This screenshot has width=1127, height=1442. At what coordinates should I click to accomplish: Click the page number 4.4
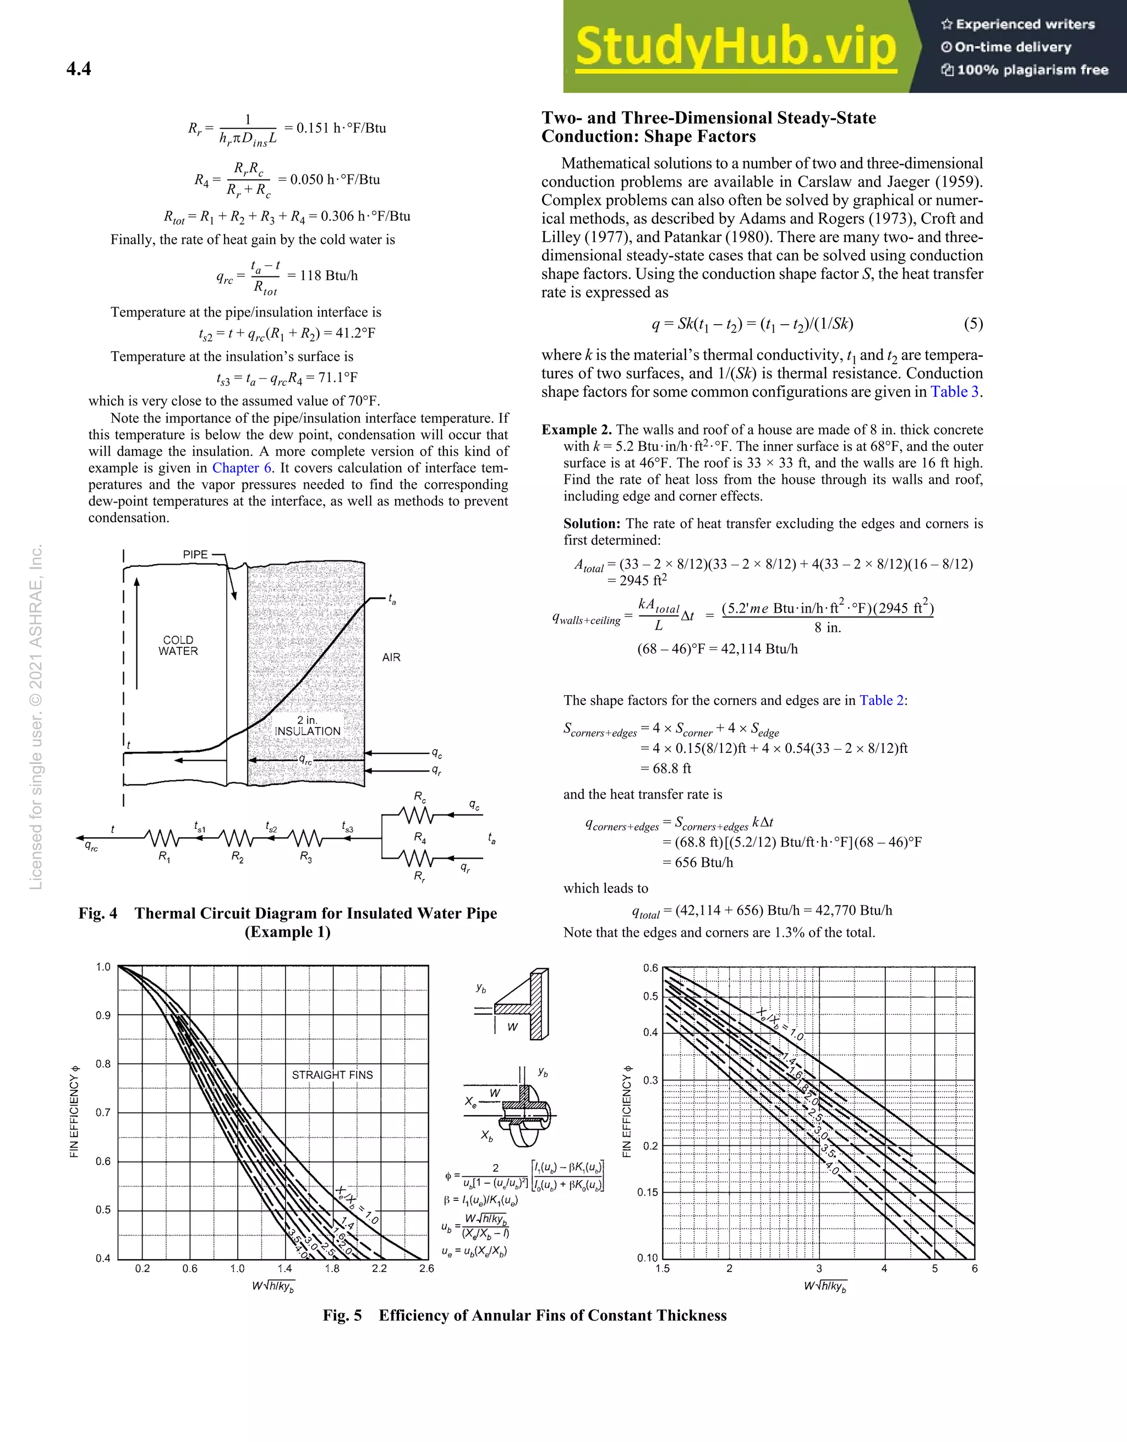click(x=79, y=69)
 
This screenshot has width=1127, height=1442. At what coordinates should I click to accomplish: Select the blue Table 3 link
click(x=955, y=392)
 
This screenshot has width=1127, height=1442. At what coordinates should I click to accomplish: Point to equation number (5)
click(x=973, y=324)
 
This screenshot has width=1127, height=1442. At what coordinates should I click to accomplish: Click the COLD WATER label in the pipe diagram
click(x=178, y=645)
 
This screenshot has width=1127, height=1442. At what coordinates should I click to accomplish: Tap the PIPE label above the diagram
click(x=195, y=555)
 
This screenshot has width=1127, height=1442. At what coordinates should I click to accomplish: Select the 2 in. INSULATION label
click(x=307, y=725)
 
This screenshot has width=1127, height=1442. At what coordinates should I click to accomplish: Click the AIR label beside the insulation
click(x=391, y=657)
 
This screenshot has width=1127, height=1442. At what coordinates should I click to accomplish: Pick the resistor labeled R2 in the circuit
click(x=237, y=839)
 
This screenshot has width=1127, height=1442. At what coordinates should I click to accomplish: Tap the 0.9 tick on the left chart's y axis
click(x=103, y=1015)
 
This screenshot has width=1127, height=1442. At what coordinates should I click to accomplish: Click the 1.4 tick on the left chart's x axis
click(x=285, y=1268)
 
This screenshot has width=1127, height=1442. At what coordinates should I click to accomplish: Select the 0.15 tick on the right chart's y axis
click(x=647, y=1193)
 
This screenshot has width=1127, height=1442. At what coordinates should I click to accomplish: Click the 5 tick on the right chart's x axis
click(x=935, y=1268)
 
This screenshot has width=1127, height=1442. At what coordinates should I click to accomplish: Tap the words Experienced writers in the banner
click(x=1025, y=24)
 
